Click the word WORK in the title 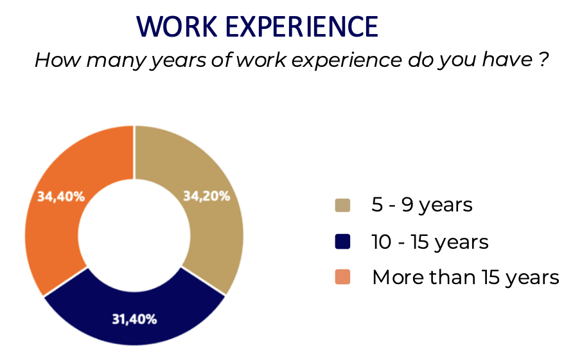pyautogui.click(x=177, y=27)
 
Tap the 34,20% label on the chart pyautogui.click(x=207, y=196)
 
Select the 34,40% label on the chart pyautogui.click(x=61, y=197)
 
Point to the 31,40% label pyautogui.click(x=134, y=319)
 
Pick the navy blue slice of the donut pyautogui.click(x=134, y=312)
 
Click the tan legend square pyautogui.click(x=342, y=206)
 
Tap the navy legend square pyautogui.click(x=342, y=242)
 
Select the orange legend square pyautogui.click(x=342, y=277)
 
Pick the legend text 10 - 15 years pyautogui.click(x=430, y=242)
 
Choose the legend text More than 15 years pyautogui.click(x=466, y=278)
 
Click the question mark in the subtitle pyautogui.click(x=543, y=59)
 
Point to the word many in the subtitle pyautogui.click(x=116, y=61)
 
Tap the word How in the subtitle pyautogui.click(x=57, y=60)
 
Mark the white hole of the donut pyautogui.click(x=134, y=235)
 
